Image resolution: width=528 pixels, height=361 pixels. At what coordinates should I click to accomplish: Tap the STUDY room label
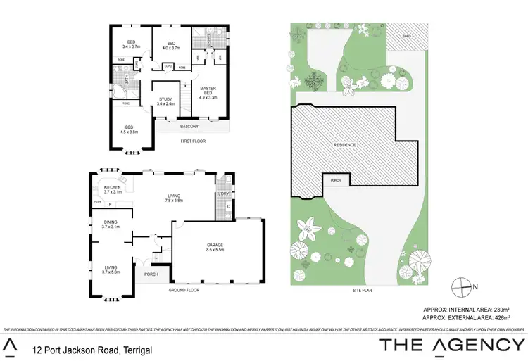click(x=165, y=99)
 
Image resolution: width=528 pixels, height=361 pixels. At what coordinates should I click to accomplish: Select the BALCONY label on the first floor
click(x=189, y=127)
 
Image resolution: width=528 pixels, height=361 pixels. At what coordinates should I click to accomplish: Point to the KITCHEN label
click(x=113, y=187)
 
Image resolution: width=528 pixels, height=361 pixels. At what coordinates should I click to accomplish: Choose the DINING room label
click(x=111, y=222)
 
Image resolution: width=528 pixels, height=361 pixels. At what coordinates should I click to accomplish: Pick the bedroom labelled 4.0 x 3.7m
click(x=171, y=48)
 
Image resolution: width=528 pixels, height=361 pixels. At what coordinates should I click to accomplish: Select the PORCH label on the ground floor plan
click(x=151, y=274)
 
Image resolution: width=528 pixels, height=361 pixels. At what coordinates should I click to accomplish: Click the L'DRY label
click(x=225, y=194)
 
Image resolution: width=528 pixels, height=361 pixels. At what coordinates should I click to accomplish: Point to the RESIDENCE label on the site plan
click(x=345, y=145)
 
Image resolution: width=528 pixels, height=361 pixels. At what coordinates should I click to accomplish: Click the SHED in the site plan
click(x=407, y=36)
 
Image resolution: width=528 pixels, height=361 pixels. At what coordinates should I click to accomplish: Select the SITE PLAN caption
click(x=364, y=291)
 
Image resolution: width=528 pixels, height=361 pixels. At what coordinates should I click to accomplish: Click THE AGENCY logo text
click(x=452, y=346)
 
